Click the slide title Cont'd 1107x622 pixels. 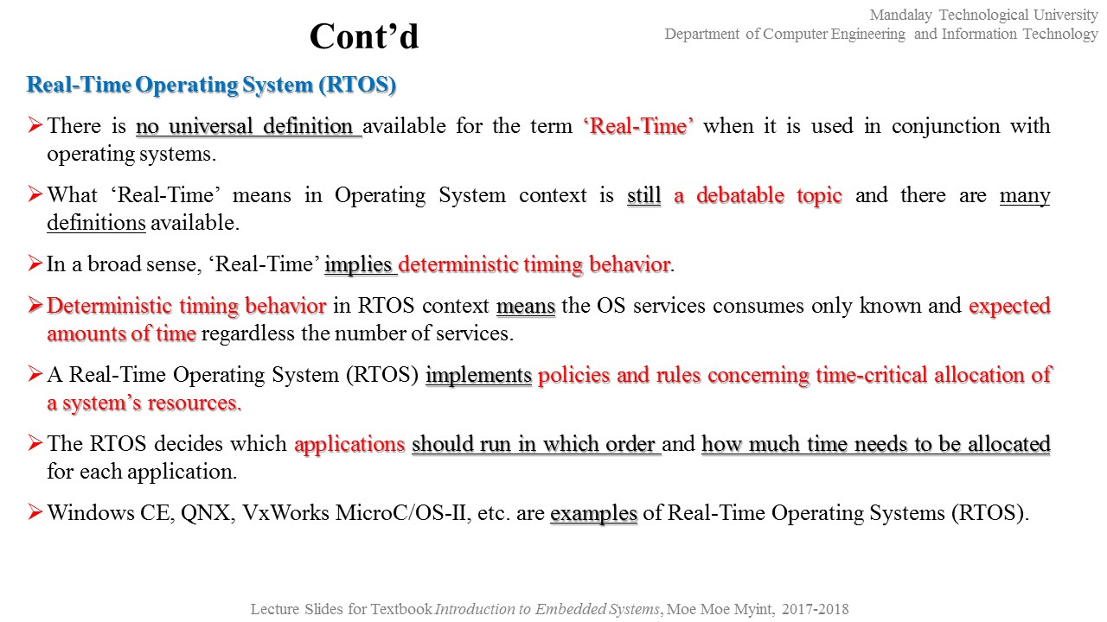tap(363, 36)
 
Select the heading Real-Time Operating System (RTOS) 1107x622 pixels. tap(211, 85)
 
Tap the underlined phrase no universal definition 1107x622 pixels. tap(248, 126)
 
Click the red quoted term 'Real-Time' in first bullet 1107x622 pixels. tap(639, 126)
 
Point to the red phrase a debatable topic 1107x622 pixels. tap(758, 195)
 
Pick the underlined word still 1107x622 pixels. tap(643, 195)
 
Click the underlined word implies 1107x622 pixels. tap(360, 264)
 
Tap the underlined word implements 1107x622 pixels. tap(478, 375)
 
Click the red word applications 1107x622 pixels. tap(349, 444)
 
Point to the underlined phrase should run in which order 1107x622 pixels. tap(535, 444)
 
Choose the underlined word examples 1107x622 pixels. tap(593, 513)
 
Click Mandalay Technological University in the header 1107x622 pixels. tap(983, 15)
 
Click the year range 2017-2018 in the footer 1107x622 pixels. tap(815, 609)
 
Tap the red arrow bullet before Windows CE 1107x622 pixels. tap(35, 512)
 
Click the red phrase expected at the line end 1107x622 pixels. tap(1009, 306)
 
